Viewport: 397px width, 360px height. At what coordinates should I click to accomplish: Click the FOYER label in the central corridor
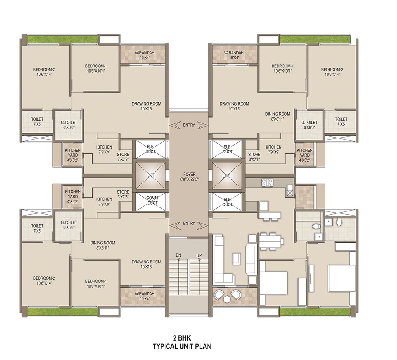[189, 175]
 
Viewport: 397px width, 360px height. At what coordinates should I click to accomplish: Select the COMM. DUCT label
[152, 200]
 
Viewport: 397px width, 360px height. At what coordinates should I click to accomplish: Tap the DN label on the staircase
[178, 255]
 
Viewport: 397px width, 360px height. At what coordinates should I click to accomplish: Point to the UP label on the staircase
[199, 255]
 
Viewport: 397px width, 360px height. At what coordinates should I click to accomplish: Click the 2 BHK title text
[182, 338]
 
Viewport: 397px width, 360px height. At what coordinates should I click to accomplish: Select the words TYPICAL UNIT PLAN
[182, 346]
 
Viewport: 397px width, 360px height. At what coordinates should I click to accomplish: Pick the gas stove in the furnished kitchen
[267, 183]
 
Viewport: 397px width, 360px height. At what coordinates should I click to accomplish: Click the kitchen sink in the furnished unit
[290, 191]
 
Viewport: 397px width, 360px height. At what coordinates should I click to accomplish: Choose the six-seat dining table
[271, 241]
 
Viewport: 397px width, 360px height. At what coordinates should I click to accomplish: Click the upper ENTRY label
[189, 125]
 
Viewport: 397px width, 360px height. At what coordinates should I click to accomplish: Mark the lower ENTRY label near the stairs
[189, 223]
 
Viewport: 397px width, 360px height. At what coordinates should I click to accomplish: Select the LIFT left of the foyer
[151, 175]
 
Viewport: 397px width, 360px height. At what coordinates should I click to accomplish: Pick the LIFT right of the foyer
[227, 175]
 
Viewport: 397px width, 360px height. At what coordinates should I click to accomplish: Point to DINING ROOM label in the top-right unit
[278, 116]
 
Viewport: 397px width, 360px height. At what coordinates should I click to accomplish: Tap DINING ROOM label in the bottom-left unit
[102, 245]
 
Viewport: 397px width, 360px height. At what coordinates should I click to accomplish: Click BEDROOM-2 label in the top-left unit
[44, 72]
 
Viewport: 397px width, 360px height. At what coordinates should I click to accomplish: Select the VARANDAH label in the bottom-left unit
[144, 296]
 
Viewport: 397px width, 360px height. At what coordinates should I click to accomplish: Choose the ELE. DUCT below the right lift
[228, 202]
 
